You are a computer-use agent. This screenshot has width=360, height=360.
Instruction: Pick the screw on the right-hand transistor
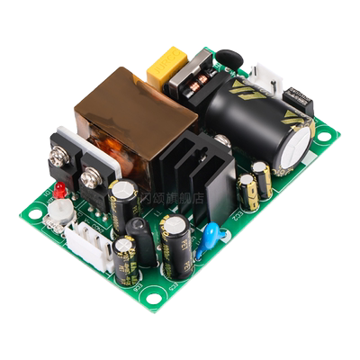click(89, 179)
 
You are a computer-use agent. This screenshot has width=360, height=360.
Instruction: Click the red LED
click(60, 190)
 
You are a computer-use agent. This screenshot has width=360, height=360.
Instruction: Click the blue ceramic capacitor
click(210, 236)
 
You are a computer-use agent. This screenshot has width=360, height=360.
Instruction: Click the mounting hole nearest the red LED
click(34, 214)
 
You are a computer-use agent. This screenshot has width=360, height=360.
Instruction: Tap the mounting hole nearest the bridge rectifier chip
click(323, 136)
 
